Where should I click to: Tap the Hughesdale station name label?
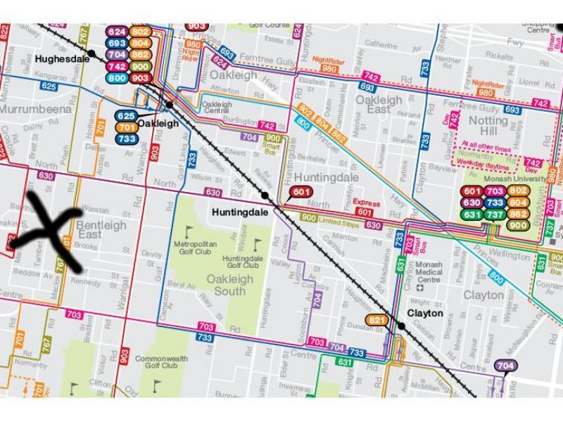coord(63,59)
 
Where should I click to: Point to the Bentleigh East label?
coord(101,230)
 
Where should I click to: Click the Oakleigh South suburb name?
coord(229,285)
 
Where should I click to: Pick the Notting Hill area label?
coord(488,127)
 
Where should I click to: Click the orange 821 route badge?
coord(377,320)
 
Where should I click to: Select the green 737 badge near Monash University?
coord(495,215)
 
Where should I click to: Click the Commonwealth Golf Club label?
coord(161,362)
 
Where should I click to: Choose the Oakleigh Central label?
coord(217,108)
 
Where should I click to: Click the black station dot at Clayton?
coord(400,325)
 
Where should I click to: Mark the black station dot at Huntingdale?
coord(265,195)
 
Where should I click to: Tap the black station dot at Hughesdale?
coord(91,53)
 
